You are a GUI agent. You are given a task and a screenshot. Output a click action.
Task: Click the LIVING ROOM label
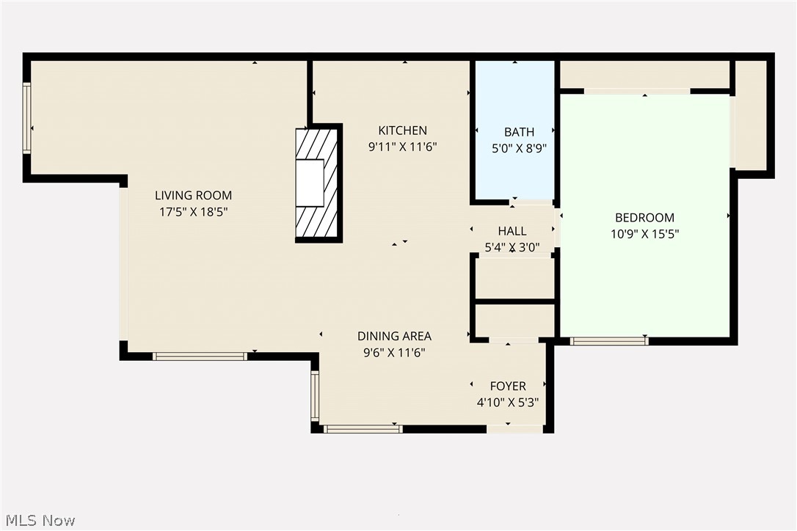[x=193, y=195]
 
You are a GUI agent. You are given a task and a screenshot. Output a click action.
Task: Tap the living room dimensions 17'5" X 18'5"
[x=193, y=212]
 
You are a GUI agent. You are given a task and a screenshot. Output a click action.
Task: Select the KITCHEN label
[x=402, y=131]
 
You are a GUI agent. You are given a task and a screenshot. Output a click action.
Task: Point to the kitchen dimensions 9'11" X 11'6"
[x=402, y=147]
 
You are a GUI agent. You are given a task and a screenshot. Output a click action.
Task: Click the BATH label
[x=519, y=132]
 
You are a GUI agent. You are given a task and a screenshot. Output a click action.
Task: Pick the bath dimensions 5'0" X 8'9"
[x=519, y=148]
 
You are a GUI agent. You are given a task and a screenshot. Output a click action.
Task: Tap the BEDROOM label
[x=644, y=218]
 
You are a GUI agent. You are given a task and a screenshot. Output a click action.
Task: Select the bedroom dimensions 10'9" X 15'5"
[x=644, y=235]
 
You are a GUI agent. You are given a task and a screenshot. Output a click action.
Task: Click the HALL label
[x=512, y=231]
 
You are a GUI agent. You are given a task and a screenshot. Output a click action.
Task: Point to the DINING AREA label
[x=394, y=336]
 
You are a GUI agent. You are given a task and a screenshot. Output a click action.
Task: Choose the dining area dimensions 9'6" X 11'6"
[x=394, y=352]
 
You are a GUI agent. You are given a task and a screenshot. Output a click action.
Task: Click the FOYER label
[x=508, y=386]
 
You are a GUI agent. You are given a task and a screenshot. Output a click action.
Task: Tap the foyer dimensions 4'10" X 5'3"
[x=508, y=402]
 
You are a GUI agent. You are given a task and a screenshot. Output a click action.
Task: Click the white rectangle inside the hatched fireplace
[x=309, y=183]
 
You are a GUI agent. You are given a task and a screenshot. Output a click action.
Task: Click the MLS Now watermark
[x=38, y=520]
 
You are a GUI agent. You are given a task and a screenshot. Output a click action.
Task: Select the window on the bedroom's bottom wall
[x=608, y=340]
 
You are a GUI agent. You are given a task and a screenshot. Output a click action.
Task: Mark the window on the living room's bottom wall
[x=200, y=356]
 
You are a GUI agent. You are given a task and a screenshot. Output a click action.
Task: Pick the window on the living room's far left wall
[x=27, y=118]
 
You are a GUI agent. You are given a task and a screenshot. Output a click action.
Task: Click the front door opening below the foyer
[x=515, y=429]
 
